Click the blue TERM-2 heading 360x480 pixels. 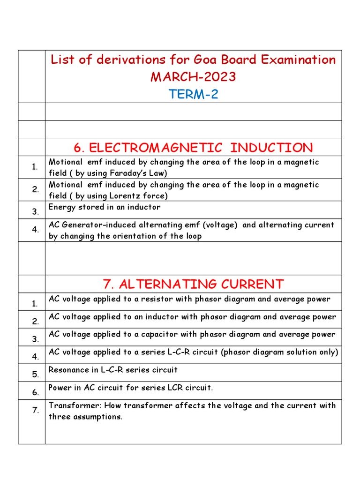click(x=193, y=95)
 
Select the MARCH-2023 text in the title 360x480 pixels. click(x=193, y=77)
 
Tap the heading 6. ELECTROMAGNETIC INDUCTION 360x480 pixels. click(x=193, y=148)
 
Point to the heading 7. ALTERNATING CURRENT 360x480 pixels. click(x=193, y=284)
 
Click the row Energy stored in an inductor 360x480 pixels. click(x=105, y=207)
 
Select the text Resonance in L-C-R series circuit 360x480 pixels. click(x=113, y=370)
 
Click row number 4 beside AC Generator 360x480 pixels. click(x=35, y=230)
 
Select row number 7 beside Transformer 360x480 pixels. click(x=35, y=411)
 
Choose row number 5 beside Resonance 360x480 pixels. click(x=35, y=375)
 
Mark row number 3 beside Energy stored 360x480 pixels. click(x=35, y=212)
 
